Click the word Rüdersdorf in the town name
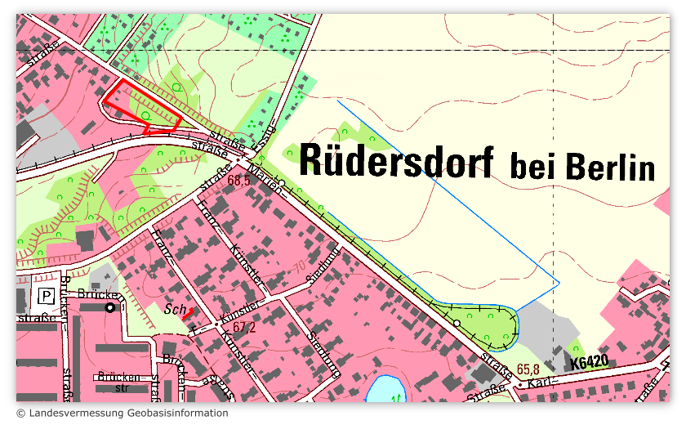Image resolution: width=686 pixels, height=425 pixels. [x=396, y=160]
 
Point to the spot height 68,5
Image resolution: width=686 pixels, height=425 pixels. [x=239, y=181]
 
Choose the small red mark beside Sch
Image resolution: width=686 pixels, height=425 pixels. [x=187, y=312]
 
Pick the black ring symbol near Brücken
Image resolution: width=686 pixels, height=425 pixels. [x=110, y=308]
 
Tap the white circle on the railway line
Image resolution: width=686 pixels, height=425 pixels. [x=457, y=324]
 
